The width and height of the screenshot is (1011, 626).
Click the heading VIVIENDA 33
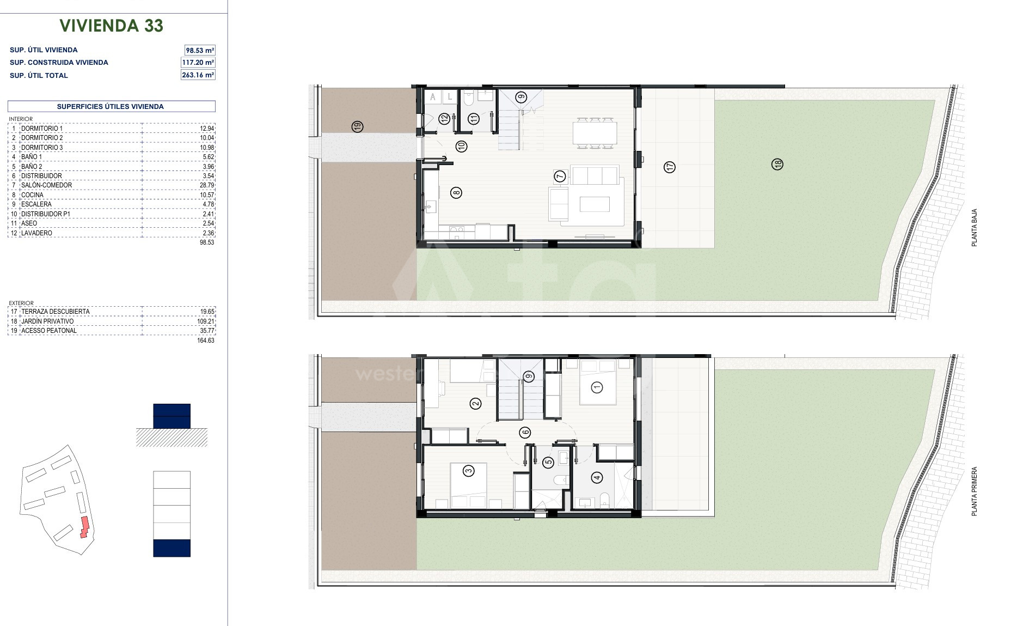(x=112, y=26)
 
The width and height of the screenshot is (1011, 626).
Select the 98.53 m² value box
(x=200, y=50)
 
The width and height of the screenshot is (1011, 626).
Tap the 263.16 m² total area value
(x=198, y=75)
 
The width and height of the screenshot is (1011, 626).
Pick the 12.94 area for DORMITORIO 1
(x=207, y=129)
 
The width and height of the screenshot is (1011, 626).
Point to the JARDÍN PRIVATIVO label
(x=47, y=321)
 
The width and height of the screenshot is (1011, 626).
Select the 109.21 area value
(x=206, y=321)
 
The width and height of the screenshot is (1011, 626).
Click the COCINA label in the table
(x=32, y=195)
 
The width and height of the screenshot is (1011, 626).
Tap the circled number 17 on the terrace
(x=670, y=167)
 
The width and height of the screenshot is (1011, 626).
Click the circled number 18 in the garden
(x=777, y=163)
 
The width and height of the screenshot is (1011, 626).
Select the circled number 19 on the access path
(x=357, y=126)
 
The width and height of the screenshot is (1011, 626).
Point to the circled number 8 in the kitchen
(x=456, y=192)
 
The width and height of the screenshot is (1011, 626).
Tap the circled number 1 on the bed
(x=597, y=387)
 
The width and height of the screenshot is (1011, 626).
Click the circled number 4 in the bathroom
(x=597, y=478)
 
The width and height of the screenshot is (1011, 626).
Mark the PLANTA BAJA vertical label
(x=975, y=227)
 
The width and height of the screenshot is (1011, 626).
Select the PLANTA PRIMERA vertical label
(x=975, y=491)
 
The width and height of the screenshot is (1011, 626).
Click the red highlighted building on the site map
(x=84, y=527)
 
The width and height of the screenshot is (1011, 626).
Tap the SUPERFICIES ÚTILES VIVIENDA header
(x=111, y=107)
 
